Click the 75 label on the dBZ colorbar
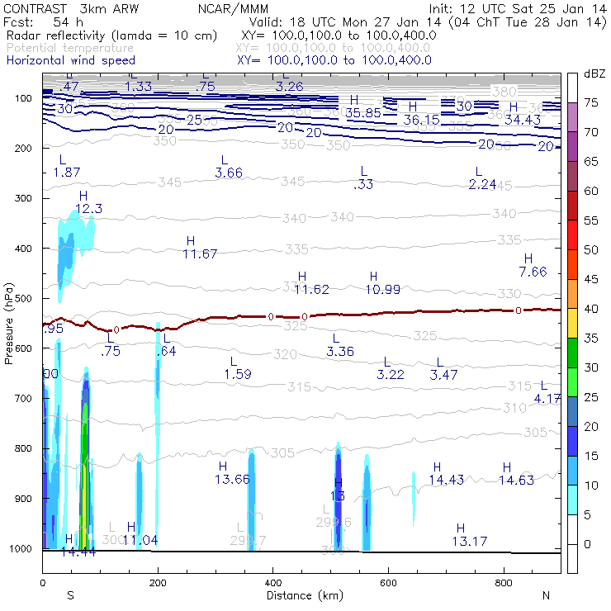coord(591,102)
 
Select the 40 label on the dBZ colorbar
coord(591,308)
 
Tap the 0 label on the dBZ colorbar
coord(588,543)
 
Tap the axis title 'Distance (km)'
coord(301,595)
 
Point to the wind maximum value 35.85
coord(363,112)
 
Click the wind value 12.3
coord(88,209)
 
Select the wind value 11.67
coord(200,253)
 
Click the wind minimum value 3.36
coord(340,352)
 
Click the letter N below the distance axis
coord(546,595)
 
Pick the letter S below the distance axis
coord(70,595)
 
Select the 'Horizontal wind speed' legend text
coord(70,60)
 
